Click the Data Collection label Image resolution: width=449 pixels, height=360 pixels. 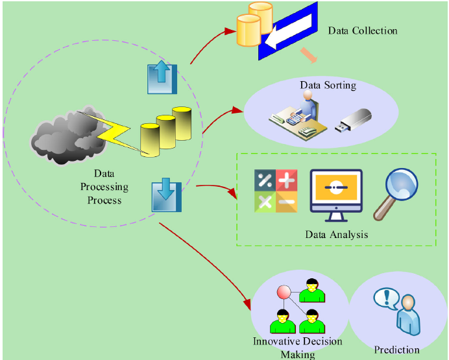click(363, 30)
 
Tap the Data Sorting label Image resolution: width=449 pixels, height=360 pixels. click(328, 85)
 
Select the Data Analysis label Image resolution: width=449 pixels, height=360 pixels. click(337, 234)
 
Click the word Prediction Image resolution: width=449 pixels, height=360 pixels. click(396, 350)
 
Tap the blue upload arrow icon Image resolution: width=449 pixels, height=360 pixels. click(162, 77)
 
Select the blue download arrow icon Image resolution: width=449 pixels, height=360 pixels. click(166, 195)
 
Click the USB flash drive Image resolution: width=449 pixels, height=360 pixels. click(354, 121)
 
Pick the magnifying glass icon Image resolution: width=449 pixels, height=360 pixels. click(396, 194)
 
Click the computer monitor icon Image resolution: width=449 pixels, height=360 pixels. click(336, 195)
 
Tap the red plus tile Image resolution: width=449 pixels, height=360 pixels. click(287, 180)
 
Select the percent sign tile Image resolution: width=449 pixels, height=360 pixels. click(265, 180)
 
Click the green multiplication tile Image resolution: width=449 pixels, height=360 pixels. click(265, 202)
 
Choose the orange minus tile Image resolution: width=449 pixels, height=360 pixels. click(287, 202)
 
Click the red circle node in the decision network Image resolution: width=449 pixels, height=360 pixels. click(284, 292)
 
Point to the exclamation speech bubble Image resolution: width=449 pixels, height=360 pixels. click(386, 298)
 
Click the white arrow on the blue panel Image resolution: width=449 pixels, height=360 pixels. click(288, 31)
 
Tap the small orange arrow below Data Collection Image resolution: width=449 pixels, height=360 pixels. click(309, 56)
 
